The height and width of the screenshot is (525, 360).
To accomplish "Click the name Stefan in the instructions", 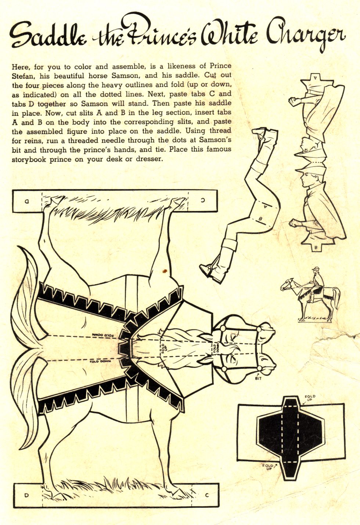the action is coord(23,76).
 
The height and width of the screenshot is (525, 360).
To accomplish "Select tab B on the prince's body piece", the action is coord(316,247).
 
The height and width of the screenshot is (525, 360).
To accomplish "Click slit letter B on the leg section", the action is coord(260,219).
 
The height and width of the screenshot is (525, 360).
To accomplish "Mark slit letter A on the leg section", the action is coord(265,206).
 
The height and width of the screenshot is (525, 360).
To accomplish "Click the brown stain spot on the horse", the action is coord(165,271).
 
